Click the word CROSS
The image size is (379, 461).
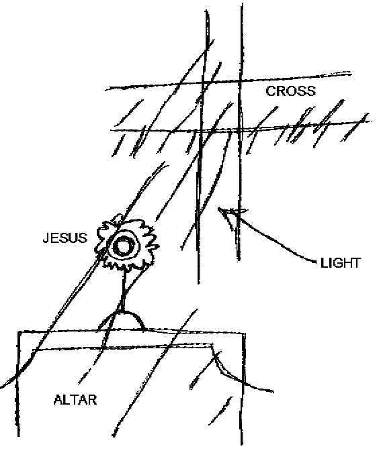click(x=290, y=91)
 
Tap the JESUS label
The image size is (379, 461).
click(x=65, y=238)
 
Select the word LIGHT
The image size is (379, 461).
click(x=341, y=263)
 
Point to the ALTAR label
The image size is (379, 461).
click(x=75, y=400)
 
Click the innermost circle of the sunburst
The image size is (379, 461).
click(x=122, y=247)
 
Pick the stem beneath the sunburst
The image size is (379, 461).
click(x=124, y=291)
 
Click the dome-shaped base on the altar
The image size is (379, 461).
click(x=122, y=320)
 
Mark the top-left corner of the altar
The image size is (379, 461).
click(x=19, y=332)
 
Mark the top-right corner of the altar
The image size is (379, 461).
click(x=245, y=334)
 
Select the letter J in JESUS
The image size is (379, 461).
click(x=46, y=238)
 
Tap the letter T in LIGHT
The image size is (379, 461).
click(x=355, y=263)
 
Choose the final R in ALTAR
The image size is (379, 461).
click(x=93, y=400)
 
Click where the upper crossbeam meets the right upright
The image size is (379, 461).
click(x=241, y=80)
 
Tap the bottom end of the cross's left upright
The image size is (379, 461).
click(x=198, y=283)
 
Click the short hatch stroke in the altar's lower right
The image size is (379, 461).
click(x=221, y=411)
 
